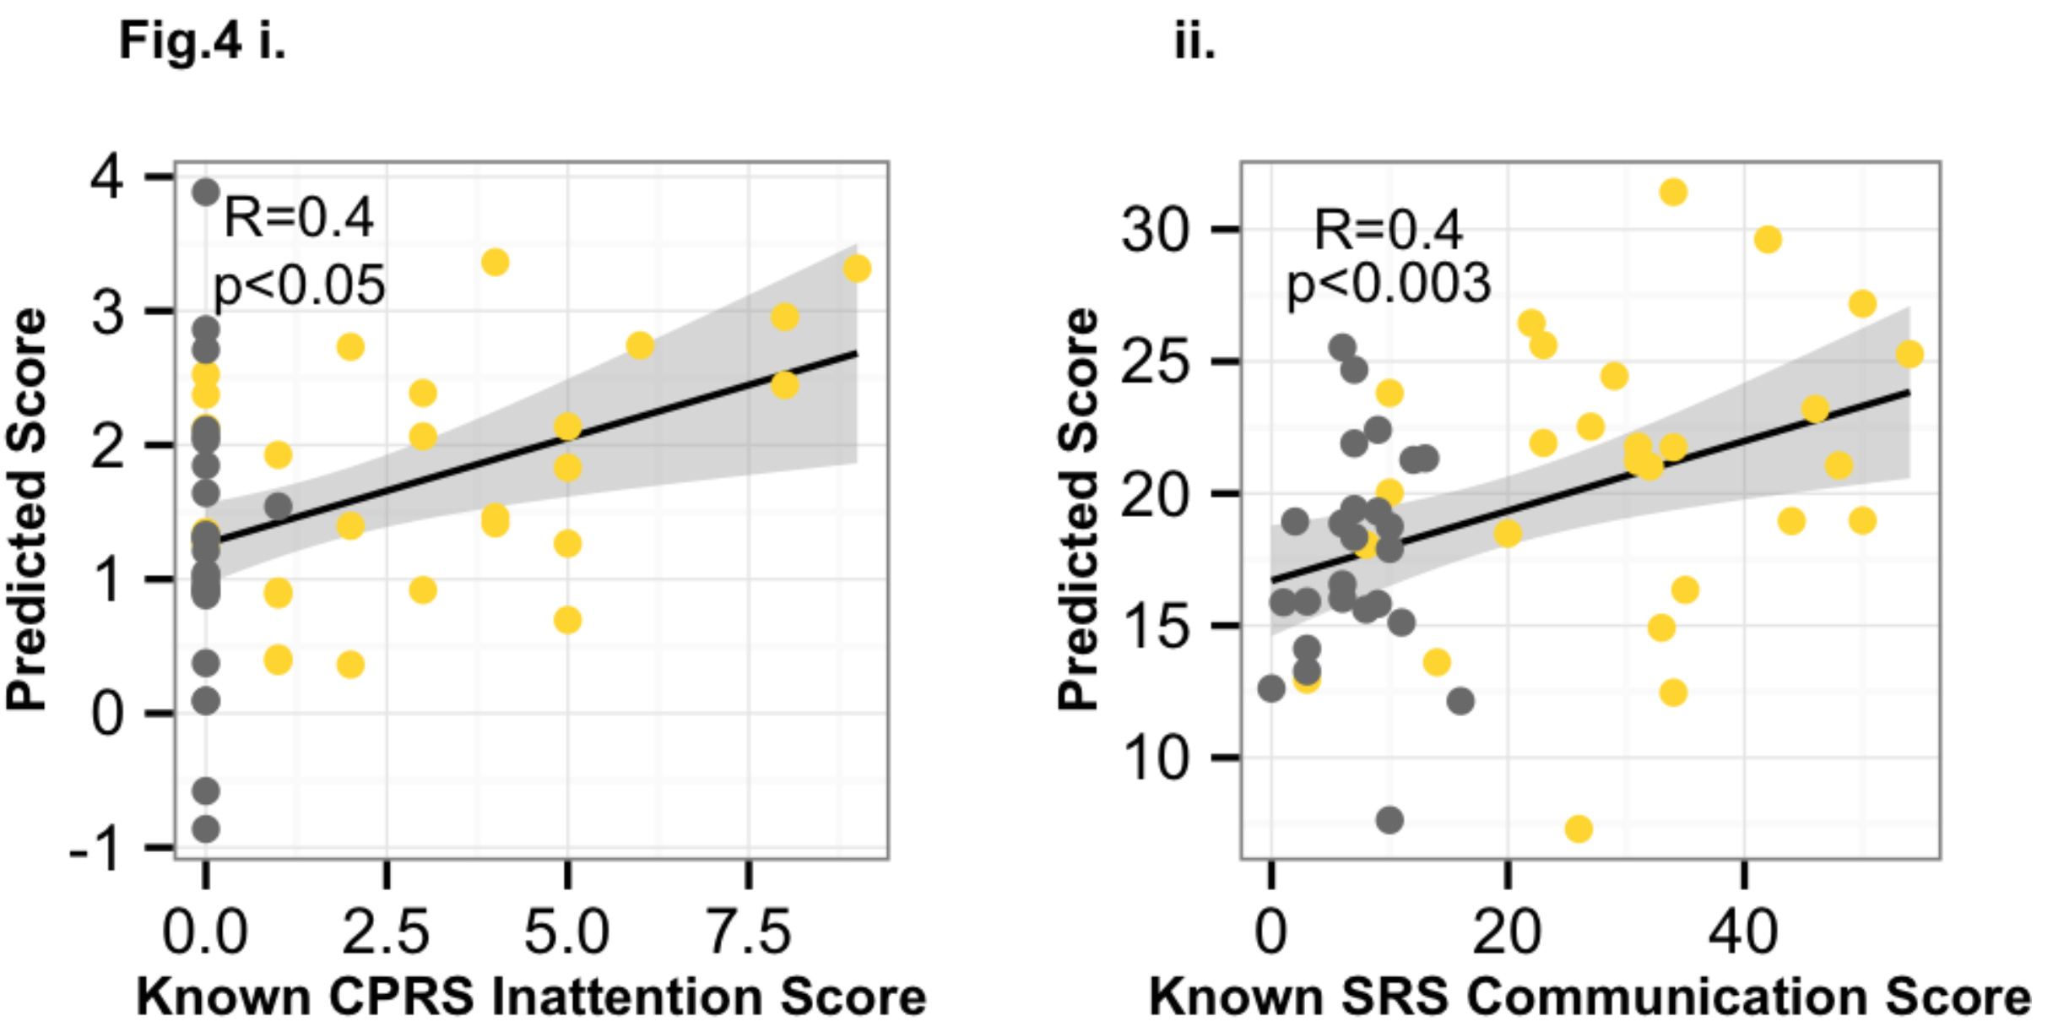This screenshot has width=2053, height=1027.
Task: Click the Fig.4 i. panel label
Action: coord(203,41)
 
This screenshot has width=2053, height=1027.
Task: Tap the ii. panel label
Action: coord(1194,41)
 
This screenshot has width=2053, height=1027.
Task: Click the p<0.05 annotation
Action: coord(300,285)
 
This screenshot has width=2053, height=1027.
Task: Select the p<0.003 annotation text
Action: coord(1389,284)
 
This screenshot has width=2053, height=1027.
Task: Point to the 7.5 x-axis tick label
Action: coord(749,932)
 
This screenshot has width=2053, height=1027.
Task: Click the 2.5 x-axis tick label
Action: coord(386,932)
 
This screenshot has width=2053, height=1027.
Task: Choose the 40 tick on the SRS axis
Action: coord(1743,932)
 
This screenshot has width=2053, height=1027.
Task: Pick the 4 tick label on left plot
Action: coord(108,177)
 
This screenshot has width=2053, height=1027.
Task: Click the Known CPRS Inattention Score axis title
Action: coord(532,997)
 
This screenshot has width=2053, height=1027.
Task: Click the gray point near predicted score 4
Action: coord(205,192)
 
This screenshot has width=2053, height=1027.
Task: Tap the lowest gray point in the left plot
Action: coord(205,829)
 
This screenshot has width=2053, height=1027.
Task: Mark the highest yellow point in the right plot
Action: coord(1673,193)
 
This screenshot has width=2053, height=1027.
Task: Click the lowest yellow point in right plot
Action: coord(1579,829)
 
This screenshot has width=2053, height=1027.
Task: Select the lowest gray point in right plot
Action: coord(1389,819)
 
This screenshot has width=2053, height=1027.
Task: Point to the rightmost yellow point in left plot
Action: coord(857,269)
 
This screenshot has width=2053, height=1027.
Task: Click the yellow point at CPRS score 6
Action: coord(640,345)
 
